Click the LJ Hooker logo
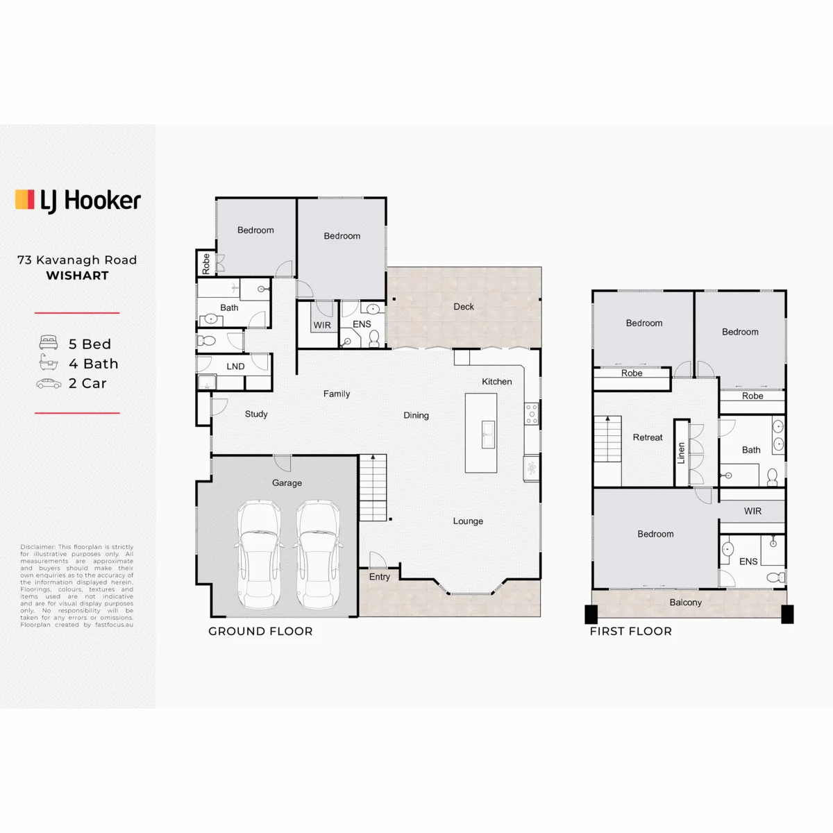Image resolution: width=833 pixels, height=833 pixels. [x=78, y=201]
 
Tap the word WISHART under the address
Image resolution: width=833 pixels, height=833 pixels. [x=77, y=276]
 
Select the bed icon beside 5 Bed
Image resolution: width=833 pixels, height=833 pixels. [x=49, y=342]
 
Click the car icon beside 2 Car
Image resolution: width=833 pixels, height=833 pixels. [x=49, y=383]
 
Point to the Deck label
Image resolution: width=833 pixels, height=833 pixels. [x=464, y=307]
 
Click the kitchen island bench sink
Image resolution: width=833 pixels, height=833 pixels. [x=488, y=434]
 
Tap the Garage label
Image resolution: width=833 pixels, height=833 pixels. [x=287, y=483]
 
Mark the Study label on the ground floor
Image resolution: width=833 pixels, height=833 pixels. [x=256, y=414]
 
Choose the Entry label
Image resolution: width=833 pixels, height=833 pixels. [x=379, y=577]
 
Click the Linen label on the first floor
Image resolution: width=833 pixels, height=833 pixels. [x=681, y=453]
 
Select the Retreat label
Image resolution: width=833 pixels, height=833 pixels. [x=647, y=437]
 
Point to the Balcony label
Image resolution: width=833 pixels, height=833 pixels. [x=685, y=603]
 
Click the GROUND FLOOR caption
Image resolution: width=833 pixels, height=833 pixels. [x=260, y=631]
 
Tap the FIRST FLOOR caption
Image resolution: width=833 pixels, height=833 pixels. [x=631, y=631]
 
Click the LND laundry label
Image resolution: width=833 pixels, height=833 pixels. [x=235, y=367]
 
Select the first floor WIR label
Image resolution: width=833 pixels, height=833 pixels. [x=752, y=511]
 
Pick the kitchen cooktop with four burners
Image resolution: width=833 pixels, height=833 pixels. [x=532, y=414]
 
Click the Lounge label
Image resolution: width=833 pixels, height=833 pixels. [x=468, y=521]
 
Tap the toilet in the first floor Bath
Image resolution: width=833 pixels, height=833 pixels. [x=772, y=477]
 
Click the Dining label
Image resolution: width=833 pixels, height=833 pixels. [x=416, y=415]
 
